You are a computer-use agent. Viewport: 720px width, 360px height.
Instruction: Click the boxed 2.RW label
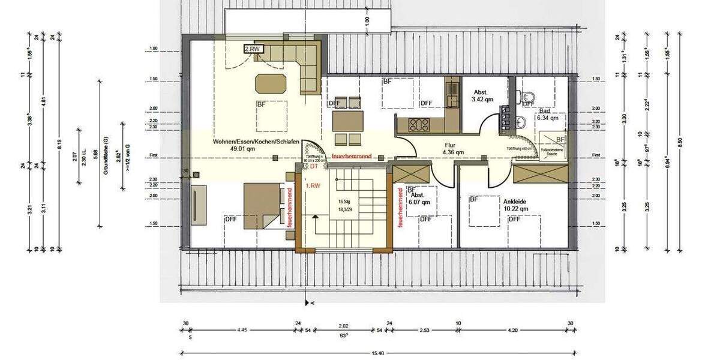252,49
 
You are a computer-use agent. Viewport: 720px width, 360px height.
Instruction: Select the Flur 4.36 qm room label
454,148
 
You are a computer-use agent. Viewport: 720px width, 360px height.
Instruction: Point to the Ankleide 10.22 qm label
515,204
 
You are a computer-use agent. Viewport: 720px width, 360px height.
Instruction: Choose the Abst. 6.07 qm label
418,198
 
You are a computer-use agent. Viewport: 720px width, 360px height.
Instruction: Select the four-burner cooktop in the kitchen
418,125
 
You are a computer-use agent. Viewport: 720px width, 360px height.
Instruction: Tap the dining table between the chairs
347,121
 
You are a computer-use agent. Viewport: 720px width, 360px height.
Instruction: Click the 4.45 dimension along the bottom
242,329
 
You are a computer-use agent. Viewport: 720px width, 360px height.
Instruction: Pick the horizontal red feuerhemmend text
352,156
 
